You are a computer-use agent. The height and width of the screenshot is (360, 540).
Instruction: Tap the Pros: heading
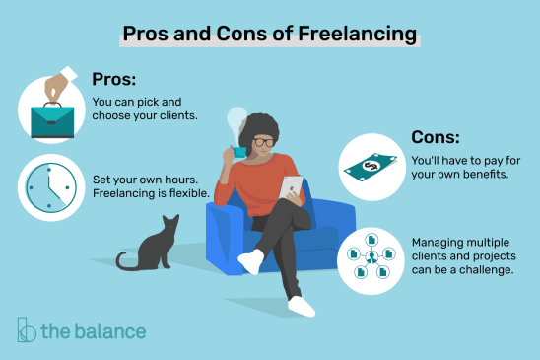pyautogui.click(x=116, y=78)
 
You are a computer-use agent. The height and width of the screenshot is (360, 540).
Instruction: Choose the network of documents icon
pyautogui.click(x=371, y=255)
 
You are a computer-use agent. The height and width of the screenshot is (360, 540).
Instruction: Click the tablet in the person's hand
pyautogui.click(x=292, y=187)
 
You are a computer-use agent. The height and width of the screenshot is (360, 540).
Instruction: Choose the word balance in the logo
pyautogui.click(x=107, y=330)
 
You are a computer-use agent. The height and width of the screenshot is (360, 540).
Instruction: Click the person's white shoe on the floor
pyautogui.click(x=300, y=306)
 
